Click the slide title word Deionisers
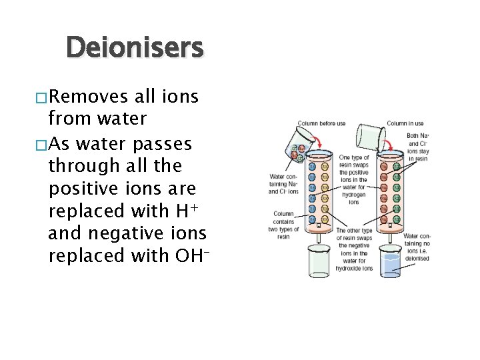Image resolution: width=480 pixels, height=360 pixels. click(x=135, y=48)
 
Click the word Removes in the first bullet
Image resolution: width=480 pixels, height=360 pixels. click(x=89, y=97)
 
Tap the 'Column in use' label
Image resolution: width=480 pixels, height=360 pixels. click(x=405, y=123)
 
